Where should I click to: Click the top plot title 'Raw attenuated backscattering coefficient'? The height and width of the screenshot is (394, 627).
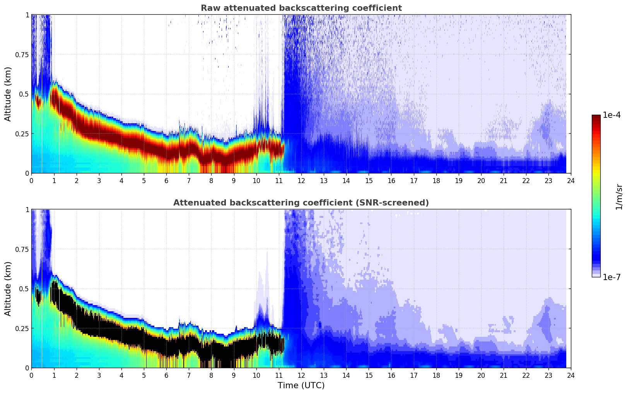301,8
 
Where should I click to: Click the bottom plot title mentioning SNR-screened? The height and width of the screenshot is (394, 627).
301,203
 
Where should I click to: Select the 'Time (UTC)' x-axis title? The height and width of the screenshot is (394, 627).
301,385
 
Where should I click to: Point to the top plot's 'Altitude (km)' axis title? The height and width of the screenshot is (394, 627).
8,94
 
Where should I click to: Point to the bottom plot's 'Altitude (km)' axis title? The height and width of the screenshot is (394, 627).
8,289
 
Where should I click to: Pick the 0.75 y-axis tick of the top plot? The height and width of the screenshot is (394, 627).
21,54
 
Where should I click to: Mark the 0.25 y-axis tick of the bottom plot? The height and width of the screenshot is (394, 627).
21,328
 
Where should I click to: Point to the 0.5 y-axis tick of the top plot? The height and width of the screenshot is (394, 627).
24,94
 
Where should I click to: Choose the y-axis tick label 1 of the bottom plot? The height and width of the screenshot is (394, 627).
27,210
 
